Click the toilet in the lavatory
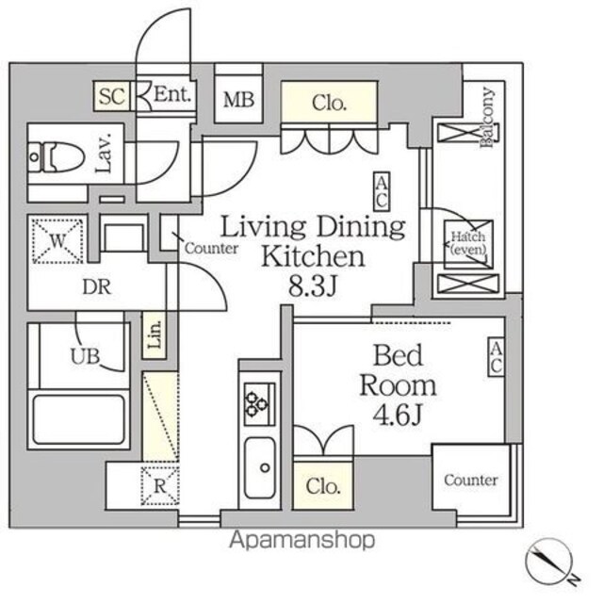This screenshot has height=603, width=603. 57,157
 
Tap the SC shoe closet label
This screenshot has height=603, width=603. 112,96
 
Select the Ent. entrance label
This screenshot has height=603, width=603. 171,94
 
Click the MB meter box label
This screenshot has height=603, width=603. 238,100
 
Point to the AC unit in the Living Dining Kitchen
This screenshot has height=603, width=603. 382,191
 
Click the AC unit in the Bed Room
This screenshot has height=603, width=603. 497,356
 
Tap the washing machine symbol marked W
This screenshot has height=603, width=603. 57,241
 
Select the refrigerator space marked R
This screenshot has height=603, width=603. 160,486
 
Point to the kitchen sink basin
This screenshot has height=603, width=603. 260,467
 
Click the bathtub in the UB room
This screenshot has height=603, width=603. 79,420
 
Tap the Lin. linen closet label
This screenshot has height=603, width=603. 155,335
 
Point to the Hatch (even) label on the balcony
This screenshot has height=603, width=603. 468,243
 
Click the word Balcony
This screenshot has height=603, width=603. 487,117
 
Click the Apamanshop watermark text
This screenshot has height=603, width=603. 302,540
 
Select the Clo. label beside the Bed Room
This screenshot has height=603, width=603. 323,486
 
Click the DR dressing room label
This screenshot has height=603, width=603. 96,286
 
